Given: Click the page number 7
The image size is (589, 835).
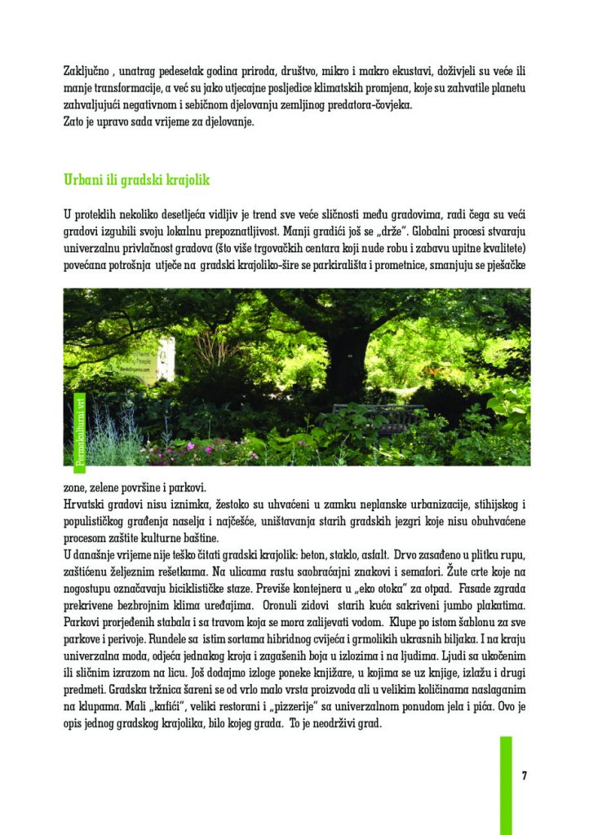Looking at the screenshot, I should pyautogui.click(x=524, y=775).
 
